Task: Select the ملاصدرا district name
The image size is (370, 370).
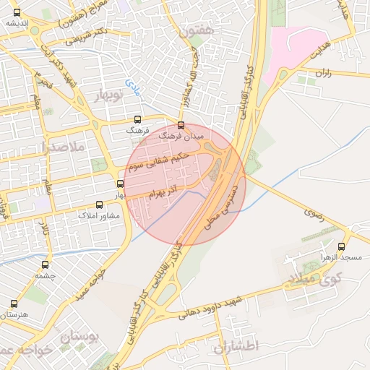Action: coord(64,147)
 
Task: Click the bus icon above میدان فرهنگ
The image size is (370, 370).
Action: coord(181,124)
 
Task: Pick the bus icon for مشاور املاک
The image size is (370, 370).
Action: coord(100,206)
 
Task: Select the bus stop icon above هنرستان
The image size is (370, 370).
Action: coord(14,304)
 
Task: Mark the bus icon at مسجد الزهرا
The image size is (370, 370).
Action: coord(350,246)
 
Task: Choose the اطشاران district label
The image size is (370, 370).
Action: coord(236,346)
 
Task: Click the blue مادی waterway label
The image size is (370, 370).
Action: coord(134,88)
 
